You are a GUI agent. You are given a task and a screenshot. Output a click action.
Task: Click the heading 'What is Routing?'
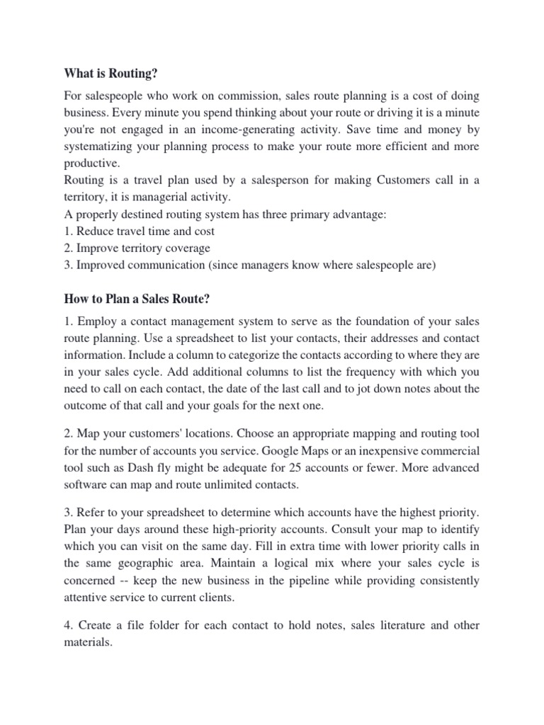[110, 73]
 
